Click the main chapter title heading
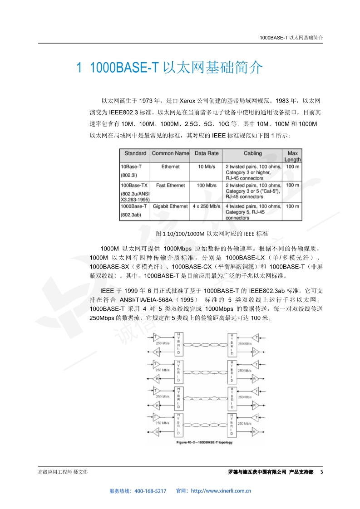169,68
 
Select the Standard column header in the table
135,153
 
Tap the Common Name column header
170,153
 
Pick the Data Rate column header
207,153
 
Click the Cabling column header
253,153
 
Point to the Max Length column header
292,156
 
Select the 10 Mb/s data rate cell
207,167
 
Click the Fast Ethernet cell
170,186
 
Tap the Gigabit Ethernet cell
170,206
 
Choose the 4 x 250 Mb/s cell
207,206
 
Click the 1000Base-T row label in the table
134,206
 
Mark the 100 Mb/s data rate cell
207,186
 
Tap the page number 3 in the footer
321,472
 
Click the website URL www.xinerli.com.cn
222,491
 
